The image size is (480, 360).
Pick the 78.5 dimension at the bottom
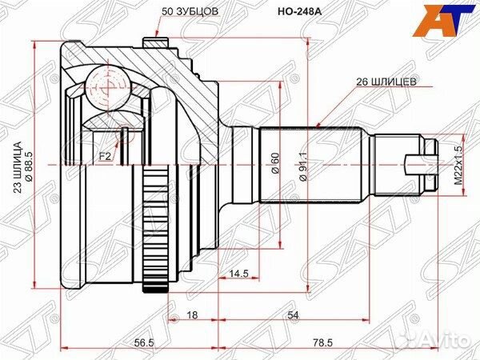click(x=323, y=342)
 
